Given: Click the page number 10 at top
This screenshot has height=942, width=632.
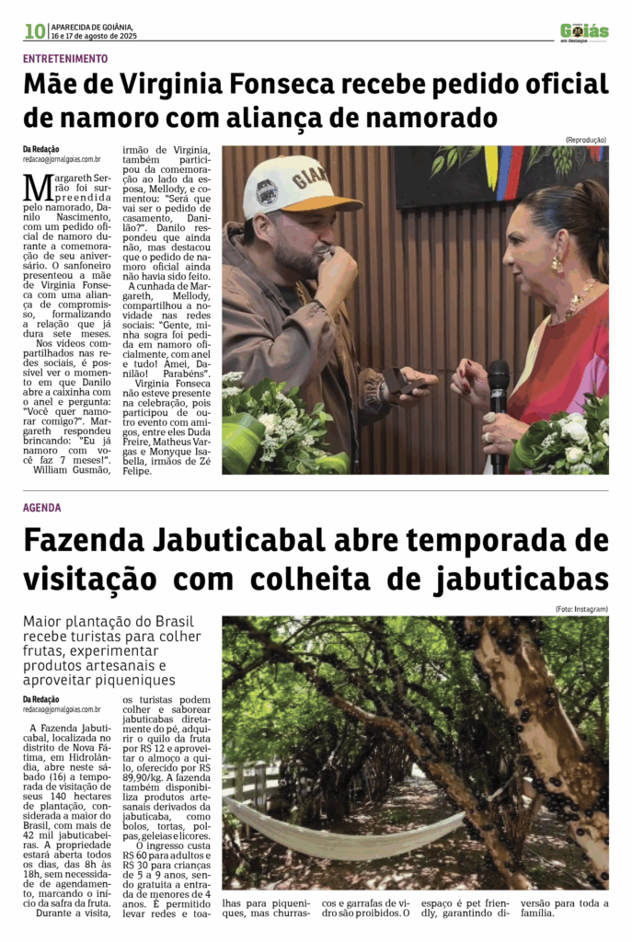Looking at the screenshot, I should coord(35,31).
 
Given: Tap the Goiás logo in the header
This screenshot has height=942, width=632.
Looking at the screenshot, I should coord(584,31).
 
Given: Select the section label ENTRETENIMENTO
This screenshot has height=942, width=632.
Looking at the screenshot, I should coord(65,58).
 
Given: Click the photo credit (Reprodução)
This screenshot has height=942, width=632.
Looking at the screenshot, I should coord(585,140).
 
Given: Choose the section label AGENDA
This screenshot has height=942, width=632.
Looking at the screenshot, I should coord(42,508).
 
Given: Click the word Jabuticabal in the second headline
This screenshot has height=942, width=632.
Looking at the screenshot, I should coord(238,540).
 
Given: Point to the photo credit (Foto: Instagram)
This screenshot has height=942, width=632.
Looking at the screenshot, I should coord(581,610).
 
